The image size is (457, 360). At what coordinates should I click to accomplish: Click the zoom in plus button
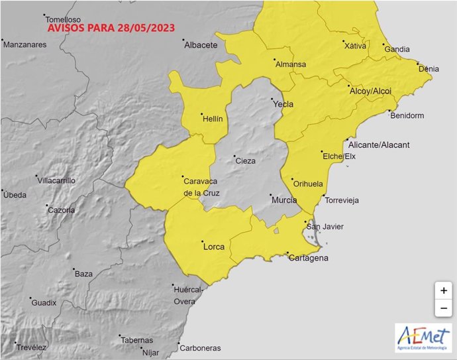pyautogui.click(x=443, y=290)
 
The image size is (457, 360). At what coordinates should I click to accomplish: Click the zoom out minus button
pyautogui.click(x=443, y=308)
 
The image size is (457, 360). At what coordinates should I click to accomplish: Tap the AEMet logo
pyautogui.click(x=423, y=338)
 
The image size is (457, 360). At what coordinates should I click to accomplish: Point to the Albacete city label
pyautogui.click(x=201, y=45)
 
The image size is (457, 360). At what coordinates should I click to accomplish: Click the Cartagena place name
pyautogui.click(x=309, y=258)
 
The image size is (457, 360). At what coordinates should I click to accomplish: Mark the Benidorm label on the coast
pyautogui.click(x=407, y=115)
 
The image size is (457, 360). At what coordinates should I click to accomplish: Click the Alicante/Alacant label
pyautogui.click(x=379, y=145)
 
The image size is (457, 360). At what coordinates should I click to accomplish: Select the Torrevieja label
pyautogui.click(x=344, y=200)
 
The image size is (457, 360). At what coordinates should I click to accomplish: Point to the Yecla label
pyautogui.click(x=283, y=104)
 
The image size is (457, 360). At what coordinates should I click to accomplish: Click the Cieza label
pyautogui.click(x=245, y=160)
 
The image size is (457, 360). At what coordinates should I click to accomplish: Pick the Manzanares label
pyautogui.click(x=25, y=45)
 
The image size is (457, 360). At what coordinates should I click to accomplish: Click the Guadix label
pyautogui.click(x=44, y=303)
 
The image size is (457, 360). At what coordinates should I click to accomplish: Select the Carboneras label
pyautogui.click(x=201, y=348)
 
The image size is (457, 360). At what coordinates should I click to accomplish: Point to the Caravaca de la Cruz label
pyautogui.click(x=201, y=186)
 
